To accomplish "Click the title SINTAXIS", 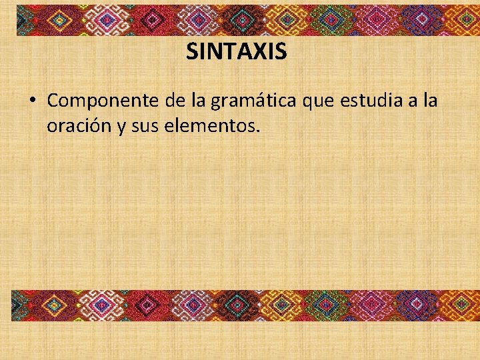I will point(236,51).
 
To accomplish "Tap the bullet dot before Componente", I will point(32,101).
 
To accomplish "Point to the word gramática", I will point(254,102).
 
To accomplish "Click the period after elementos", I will point(257,130).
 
